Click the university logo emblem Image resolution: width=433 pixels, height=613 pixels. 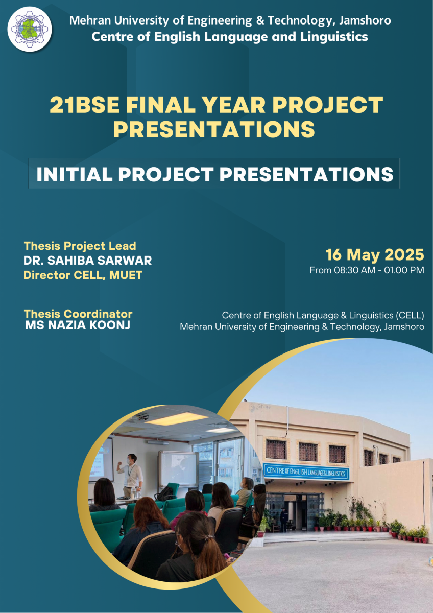30,29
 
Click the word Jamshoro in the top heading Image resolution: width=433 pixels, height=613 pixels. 365,20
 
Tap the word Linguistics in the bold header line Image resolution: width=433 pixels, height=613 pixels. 334,37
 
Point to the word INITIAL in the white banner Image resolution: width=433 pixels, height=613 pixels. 75,174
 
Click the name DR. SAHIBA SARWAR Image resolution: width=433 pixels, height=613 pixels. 87,260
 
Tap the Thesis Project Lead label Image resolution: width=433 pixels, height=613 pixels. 80,246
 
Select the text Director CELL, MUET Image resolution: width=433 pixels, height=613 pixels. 83,275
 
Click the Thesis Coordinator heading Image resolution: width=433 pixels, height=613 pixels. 78,314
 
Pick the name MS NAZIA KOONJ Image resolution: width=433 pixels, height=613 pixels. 78,325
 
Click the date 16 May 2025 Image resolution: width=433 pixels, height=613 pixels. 375,255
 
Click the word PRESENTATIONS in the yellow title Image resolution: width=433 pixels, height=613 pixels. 214,129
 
